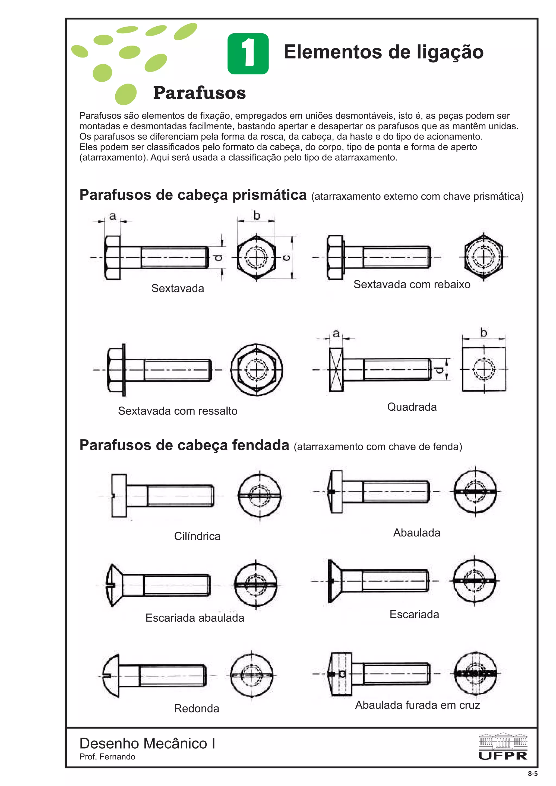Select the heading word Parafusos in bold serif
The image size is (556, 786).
tap(199, 93)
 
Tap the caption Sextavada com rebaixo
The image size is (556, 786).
tap(412, 285)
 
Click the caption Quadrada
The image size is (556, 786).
tap(412, 407)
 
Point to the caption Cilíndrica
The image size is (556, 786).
tap(197, 536)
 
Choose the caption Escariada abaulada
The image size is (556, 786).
tap(195, 618)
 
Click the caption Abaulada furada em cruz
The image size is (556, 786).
tap(417, 705)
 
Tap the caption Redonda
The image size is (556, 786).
tap(196, 709)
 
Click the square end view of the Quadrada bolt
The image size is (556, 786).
tap(484, 369)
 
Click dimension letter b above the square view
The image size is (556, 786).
tap(483, 333)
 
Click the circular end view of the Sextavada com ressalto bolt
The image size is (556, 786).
tap(257, 370)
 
